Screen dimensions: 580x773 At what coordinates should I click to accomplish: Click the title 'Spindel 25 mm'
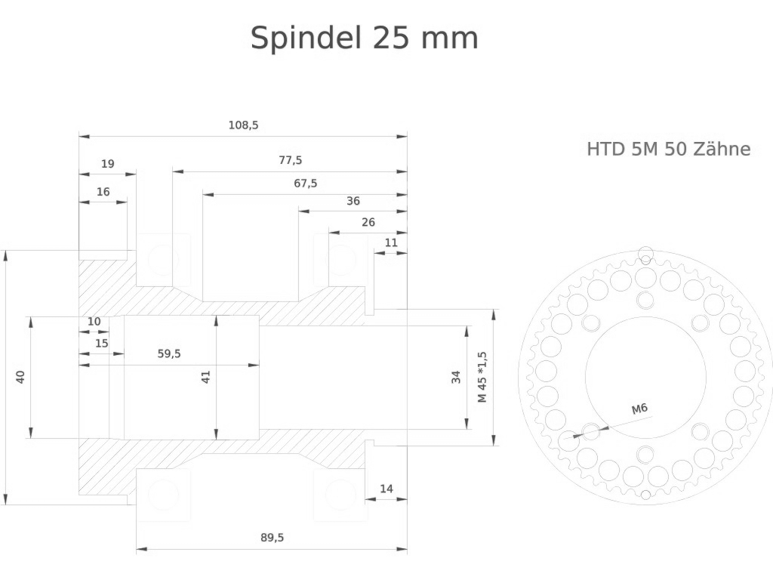click(364, 38)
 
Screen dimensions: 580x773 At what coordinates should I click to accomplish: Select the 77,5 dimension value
click(290, 160)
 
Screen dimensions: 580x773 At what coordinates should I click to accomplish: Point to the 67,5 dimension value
click(305, 183)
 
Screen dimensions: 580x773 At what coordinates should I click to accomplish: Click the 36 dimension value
click(353, 201)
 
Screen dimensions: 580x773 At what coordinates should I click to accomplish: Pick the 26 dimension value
click(368, 222)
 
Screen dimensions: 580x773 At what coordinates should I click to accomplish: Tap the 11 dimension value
click(390, 242)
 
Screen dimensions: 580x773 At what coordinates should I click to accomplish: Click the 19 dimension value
click(107, 163)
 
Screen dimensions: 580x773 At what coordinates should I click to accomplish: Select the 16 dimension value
click(103, 192)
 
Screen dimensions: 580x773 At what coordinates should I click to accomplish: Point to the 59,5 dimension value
click(169, 353)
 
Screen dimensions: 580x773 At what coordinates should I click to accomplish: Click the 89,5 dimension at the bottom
click(272, 538)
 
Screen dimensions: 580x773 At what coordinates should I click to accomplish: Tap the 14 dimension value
click(386, 489)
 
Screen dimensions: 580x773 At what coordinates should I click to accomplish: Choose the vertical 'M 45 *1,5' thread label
click(482, 377)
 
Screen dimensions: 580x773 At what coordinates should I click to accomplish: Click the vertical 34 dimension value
click(456, 377)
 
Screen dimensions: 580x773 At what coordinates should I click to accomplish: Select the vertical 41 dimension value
click(205, 376)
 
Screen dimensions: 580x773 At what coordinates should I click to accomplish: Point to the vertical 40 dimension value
click(21, 376)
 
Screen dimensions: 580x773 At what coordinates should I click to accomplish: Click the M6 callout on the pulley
click(639, 409)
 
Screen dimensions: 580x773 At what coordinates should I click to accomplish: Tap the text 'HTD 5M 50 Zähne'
click(668, 149)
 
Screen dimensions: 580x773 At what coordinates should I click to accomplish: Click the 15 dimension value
click(101, 343)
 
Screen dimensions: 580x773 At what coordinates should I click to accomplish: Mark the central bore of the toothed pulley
click(645, 377)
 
